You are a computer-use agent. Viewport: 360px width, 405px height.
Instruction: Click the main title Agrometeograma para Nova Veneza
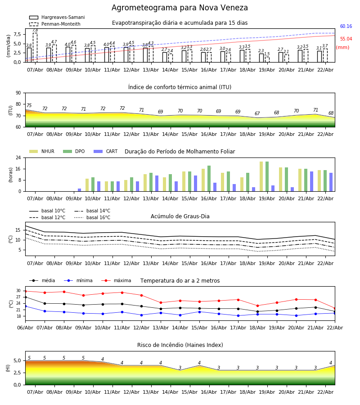pyautogui.click(x=180, y=8)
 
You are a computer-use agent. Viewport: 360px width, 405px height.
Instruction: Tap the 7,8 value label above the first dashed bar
pyautogui.click(x=35, y=30)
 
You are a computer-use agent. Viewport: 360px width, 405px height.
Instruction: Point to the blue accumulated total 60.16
pyautogui.click(x=346, y=27)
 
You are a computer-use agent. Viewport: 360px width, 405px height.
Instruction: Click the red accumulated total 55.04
pyautogui.click(x=346, y=39)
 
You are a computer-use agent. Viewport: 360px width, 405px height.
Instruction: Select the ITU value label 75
pyautogui.click(x=29, y=106)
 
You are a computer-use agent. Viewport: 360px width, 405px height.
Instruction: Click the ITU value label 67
pyautogui.click(x=257, y=114)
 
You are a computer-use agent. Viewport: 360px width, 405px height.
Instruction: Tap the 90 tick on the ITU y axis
pyautogui.click(x=18, y=93)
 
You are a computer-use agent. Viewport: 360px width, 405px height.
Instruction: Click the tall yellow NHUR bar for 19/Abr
pyautogui.click(x=261, y=176)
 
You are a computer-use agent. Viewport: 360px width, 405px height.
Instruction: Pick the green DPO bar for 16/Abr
pyautogui.click(x=209, y=178)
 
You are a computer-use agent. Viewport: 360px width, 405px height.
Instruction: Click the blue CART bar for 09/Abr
pyautogui.click(x=79, y=190)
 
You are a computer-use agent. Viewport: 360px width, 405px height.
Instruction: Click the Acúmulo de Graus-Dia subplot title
pyautogui.click(x=180, y=216)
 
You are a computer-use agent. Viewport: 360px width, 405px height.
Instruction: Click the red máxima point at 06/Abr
pyautogui.click(x=25, y=291)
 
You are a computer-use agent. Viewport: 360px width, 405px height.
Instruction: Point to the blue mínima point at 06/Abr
pyautogui.click(x=25, y=306)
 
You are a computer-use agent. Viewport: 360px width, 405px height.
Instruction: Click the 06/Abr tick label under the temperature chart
pyautogui.click(x=25, y=327)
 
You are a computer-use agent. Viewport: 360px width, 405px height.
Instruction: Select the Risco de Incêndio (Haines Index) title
pyautogui.click(x=180, y=345)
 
